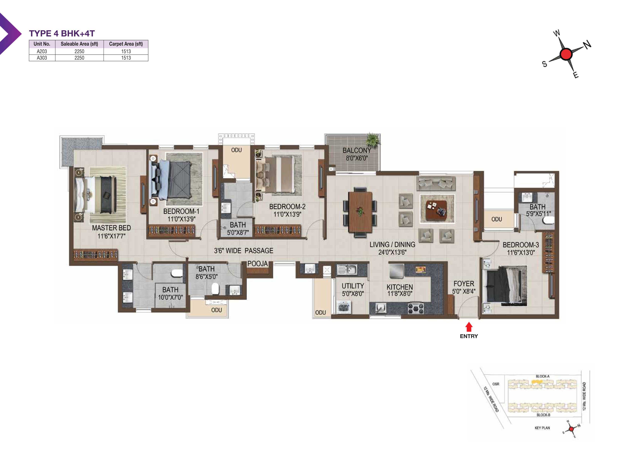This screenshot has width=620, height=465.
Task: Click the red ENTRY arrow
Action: click(x=469, y=327)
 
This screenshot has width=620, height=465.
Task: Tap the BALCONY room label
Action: click(x=356, y=151)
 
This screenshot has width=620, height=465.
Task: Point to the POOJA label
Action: click(x=257, y=264)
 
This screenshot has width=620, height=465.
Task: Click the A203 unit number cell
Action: click(x=42, y=51)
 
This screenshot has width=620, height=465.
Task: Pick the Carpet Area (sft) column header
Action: click(x=126, y=44)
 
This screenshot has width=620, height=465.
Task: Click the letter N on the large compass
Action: click(x=587, y=44)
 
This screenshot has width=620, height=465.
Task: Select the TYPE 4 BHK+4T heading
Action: click(x=62, y=33)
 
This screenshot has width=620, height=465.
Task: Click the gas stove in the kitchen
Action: click(x=415, y=308)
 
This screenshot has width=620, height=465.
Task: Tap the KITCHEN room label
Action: click(x=400, y=287)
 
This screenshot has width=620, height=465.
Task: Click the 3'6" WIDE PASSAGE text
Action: click(x=244, y=251)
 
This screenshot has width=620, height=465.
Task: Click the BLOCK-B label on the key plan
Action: click(x=543, y=415)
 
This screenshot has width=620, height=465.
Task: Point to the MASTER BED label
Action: click(x=112, y=228)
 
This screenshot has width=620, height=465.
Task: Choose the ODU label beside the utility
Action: click(x=320, y=313)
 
